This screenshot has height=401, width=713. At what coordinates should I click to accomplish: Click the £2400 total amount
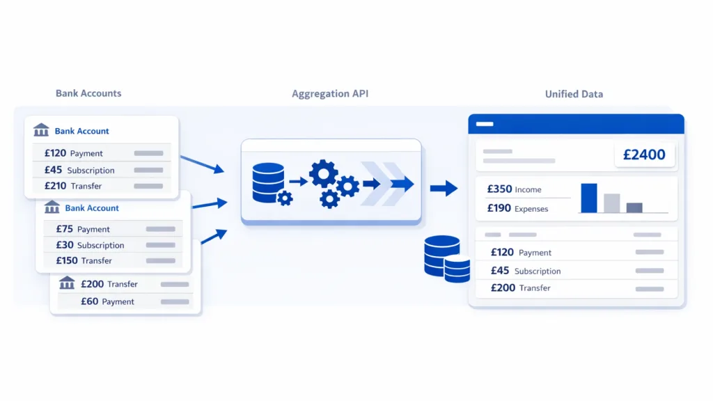pyautogui.click(x=644, y=155)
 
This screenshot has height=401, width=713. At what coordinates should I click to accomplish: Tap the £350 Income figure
pyautogui.click(x=499, y=189)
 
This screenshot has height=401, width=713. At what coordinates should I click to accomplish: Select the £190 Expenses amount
pyautogui.click(x=499, y=208)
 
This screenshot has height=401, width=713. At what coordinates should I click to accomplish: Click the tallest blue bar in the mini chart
pyautogui.click(x=589, y=198)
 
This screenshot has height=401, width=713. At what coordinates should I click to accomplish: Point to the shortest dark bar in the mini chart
pyautogui.click(x=634, y=207)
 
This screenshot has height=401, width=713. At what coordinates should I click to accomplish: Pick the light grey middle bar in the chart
pyautogui.click(x=611, y=203)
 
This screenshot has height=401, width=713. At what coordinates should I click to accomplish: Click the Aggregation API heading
pyautogui.click(x=330, y=94)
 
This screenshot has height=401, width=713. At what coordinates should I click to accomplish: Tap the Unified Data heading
pyautogui.click(x=574, y=94)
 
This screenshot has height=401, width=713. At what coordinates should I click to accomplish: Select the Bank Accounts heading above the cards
pyautogui.click(x=88, y=93)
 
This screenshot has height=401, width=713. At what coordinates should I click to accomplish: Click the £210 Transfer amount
pyautogui.click(x=55, y=186)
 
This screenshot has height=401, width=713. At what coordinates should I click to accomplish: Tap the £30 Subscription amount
pyautogui.click(x=65, y=245)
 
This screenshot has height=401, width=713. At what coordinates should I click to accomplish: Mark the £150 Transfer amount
pyautogui.click(x=67, y=260)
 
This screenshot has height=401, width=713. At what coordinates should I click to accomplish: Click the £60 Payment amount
pyautogui.click(x=89, y=301)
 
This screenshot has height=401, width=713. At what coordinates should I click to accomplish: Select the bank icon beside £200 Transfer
pyautogui.click(x=67, y=283)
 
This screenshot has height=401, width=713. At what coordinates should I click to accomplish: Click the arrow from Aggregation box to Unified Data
pyautogui.click(x=444, y=188)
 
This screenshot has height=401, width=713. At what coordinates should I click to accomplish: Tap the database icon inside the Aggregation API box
pyautogui.click(x=269, y=182)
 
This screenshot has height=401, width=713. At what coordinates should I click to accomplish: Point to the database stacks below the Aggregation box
pyautogui.click(x=446, y=258)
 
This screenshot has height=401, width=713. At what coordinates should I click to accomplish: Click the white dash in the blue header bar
pyautogui.click(x=485, y=124)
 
